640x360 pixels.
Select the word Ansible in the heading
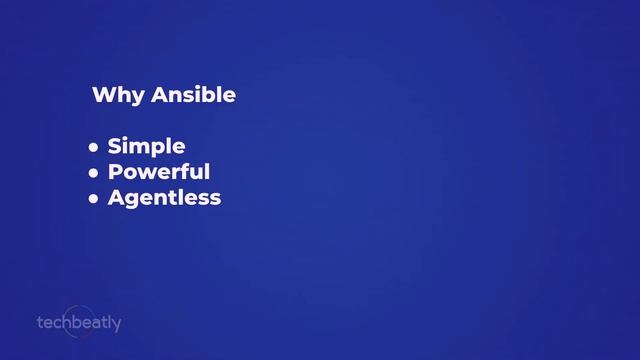tap(194, 96)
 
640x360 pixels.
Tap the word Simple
tap(146, 147)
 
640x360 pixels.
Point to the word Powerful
tap(159, 172)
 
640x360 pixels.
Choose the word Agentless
tap(164, 198)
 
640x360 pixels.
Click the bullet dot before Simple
tap(94, 148)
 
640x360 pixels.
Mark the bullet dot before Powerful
tap(94, 173)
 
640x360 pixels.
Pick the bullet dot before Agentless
tap(94, 199)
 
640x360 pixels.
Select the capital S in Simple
tap(115, 147)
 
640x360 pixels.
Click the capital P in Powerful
tap(116, 172)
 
